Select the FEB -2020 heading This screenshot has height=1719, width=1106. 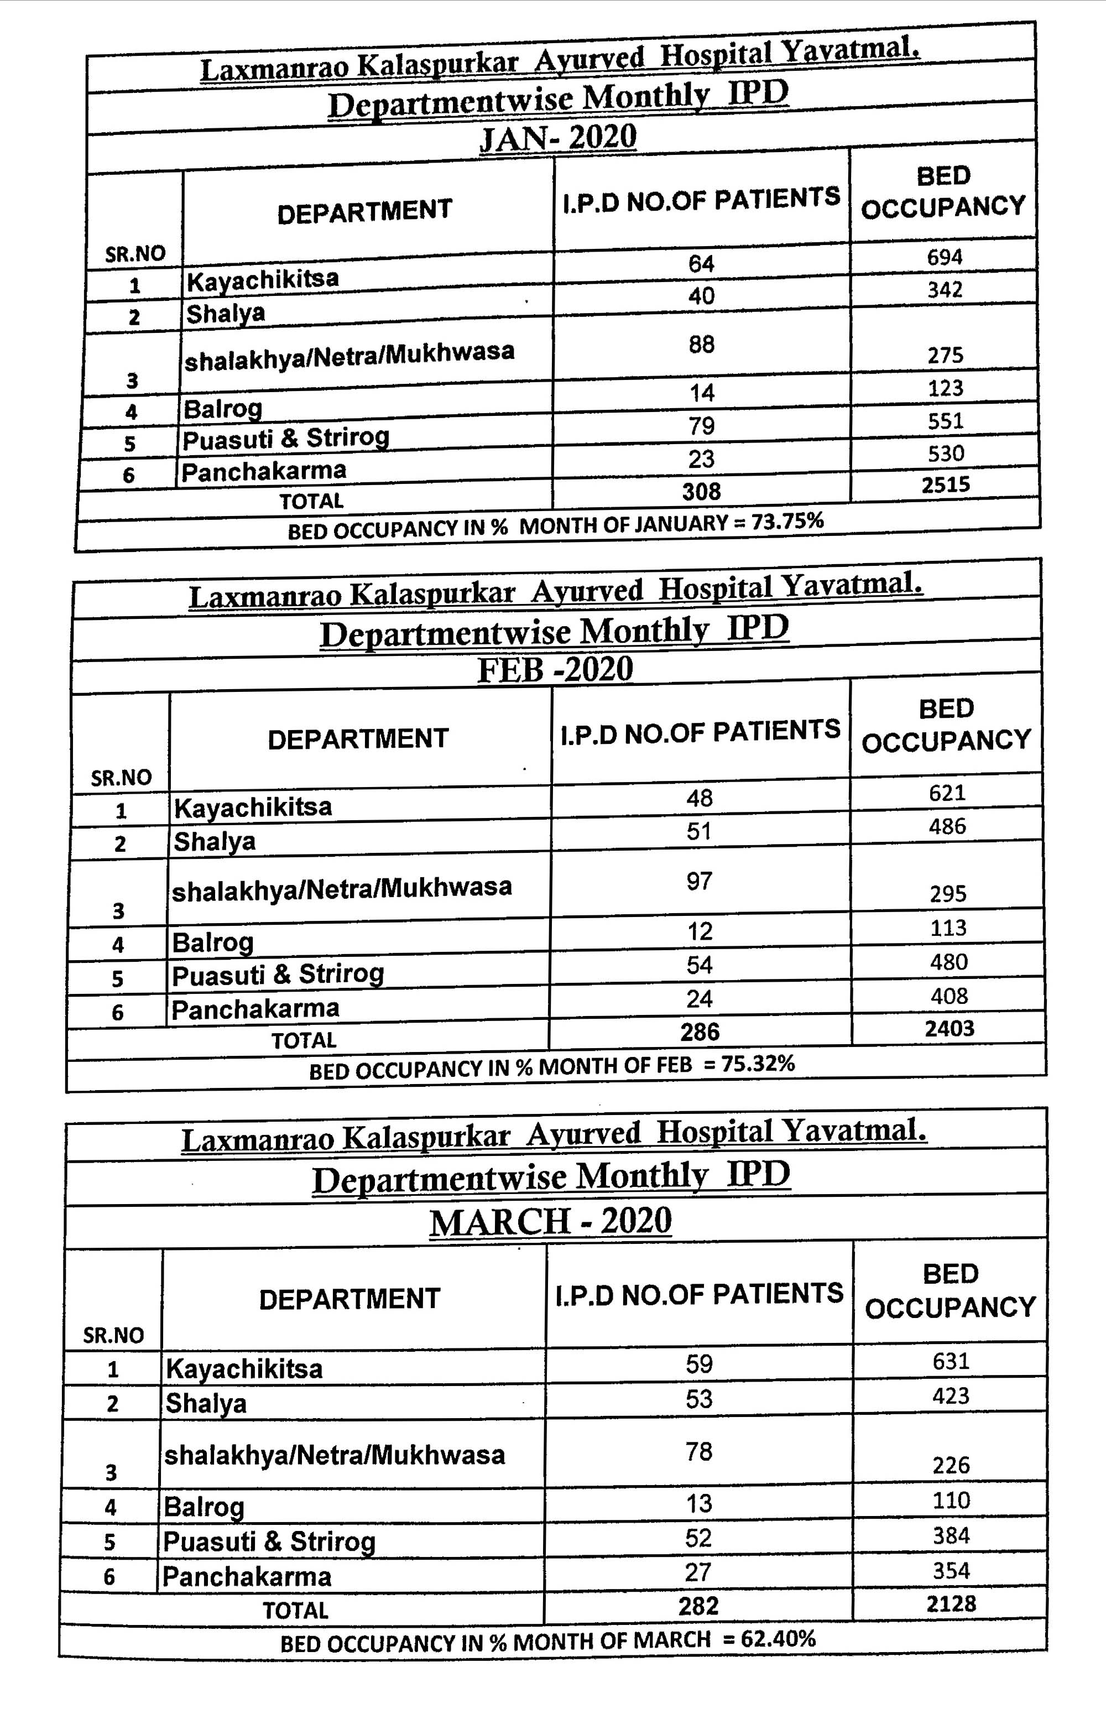(555, 669)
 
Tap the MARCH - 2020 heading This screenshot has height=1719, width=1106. (551, 1221)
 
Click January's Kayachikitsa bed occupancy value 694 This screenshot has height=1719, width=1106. (945, 257)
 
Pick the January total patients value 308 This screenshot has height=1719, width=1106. (701, 491)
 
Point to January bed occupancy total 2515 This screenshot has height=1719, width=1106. (946, 485)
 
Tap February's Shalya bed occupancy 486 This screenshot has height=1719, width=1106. (947, 826)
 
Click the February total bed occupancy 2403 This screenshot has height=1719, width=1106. (950, 1028)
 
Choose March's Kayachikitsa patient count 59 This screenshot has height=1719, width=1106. (699, 1364)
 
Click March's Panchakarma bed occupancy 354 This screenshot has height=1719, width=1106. (951, 1571)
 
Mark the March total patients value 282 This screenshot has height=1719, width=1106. (698, 1606)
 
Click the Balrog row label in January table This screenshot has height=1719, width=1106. (223, 409)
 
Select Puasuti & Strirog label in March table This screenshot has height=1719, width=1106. (269, 1541)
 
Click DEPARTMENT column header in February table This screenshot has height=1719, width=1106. (358, 738)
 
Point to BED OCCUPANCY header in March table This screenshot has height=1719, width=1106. (950, 1291)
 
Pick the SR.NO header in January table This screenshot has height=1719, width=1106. (135, 253)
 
